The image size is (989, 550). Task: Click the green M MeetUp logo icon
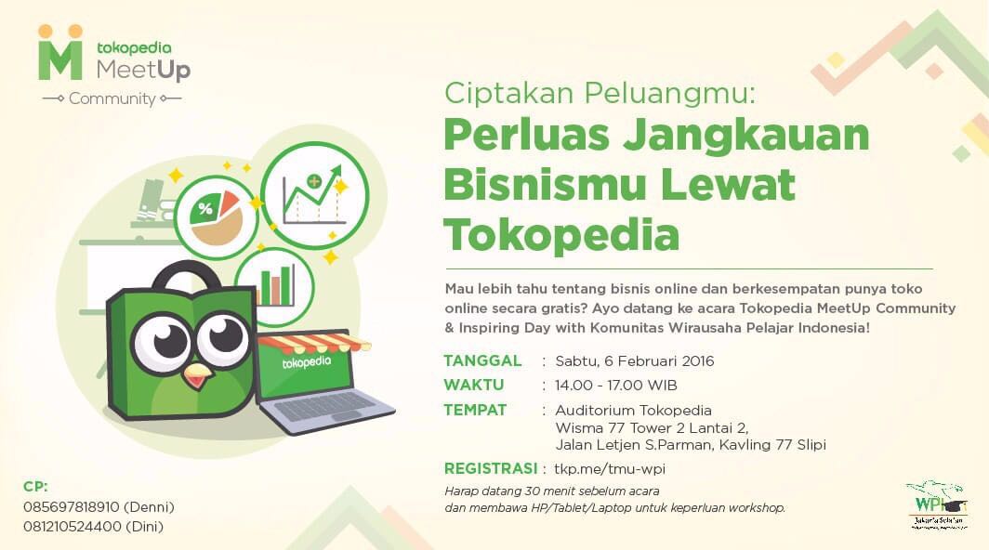(x=60, y=53)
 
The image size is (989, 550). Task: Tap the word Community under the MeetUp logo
(x=112, y=98)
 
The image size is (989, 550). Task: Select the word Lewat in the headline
(x=729, y=184)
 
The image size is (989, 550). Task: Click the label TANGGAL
(x=482, y=360)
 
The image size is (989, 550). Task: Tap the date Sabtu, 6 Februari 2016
(x=634, y=360)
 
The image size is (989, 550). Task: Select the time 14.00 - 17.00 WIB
(x=615, y=385)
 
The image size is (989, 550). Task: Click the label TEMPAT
(x=475, y=410)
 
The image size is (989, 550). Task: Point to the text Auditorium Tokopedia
(x=633, y=410)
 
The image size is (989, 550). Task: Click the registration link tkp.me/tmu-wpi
(x=610, y=468)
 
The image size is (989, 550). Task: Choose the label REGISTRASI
(x=490, y=468)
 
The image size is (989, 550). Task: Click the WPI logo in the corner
(x=937, y=505)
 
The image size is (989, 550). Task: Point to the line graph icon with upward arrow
(x=315, y=195)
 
